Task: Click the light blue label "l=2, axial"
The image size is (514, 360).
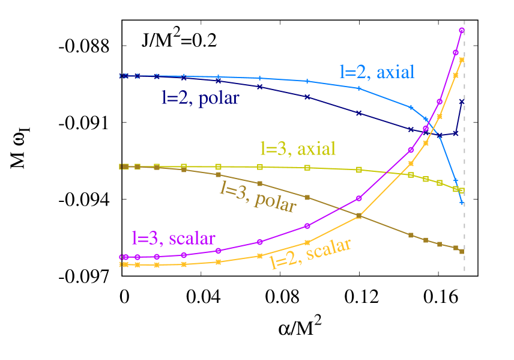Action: (377, 72)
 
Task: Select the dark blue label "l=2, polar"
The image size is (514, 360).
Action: (200, 98)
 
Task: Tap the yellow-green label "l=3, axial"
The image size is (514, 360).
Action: (297, 148)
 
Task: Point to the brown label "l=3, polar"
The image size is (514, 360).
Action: (258, 196)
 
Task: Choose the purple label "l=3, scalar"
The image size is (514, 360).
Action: (173, 238)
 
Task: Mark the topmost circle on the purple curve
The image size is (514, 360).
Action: (462, 29)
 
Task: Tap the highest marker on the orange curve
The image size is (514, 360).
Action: (462, 59)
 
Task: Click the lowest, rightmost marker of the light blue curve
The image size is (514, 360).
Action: (462, 203)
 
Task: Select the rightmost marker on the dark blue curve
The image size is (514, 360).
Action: (462, 102)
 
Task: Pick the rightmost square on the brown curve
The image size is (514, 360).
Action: (462, 251)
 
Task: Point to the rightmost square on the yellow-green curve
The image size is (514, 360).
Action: (462, 191)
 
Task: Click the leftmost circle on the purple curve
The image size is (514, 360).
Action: (125, 257)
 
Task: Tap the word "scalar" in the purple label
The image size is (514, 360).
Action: (192, 238)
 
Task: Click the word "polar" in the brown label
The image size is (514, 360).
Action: (275, 201)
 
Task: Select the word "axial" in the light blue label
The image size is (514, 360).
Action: (395, 72)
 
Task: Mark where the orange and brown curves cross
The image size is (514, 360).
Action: (358, 216)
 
